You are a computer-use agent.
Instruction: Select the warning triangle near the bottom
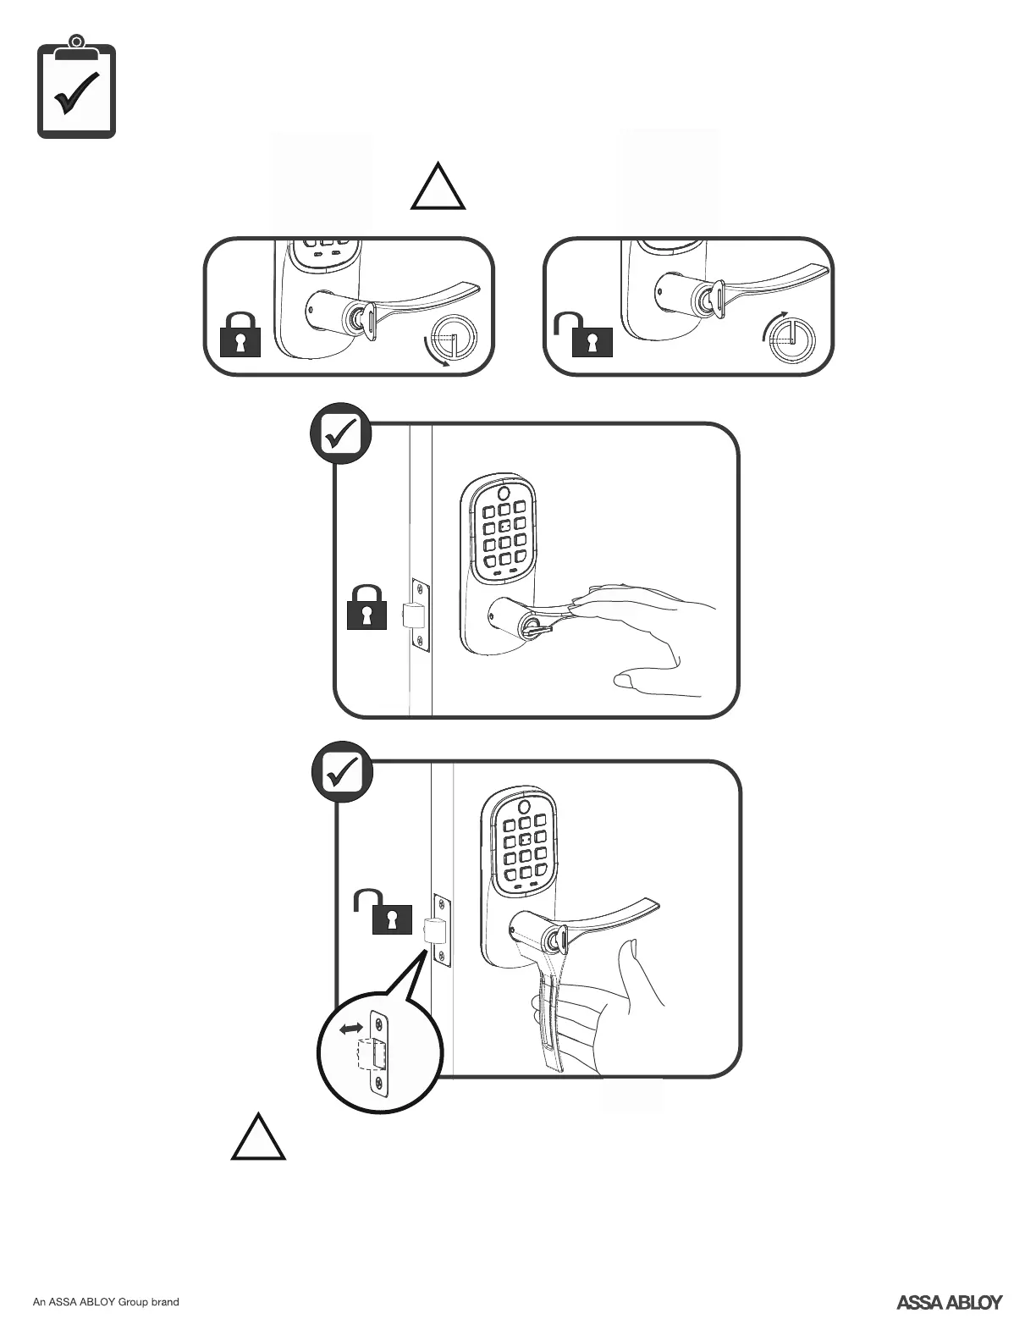[258, 1140]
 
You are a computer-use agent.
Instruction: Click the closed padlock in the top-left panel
[240, 334]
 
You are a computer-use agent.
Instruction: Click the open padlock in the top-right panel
[586, 336]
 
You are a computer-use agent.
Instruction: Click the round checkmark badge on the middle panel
[340, 434]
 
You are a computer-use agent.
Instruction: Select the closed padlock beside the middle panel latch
[366, 607]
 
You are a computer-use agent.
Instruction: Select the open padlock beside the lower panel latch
[385, 912]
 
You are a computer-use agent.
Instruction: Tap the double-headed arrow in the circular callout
[351, 1029]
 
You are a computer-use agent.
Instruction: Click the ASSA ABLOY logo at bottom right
[949, 1302]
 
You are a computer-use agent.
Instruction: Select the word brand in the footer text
[165, 1302]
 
